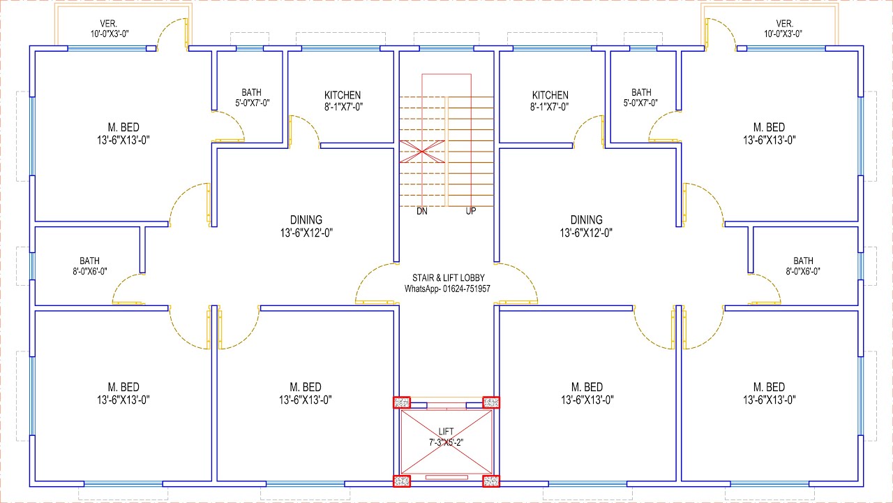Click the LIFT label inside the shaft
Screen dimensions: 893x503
click(x=446, y=432)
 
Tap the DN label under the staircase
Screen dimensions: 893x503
click(x=422, y=211)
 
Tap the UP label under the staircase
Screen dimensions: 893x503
click(x=471, y=211)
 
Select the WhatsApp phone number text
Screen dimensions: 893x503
click(x=447, y=289)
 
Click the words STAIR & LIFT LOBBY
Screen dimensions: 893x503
click(x=449, y=278)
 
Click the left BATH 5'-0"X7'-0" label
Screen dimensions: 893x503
click(x=252, y=98)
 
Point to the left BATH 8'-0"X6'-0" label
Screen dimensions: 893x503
click(x=90, y=266)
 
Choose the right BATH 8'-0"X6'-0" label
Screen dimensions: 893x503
click(x=803, y=266)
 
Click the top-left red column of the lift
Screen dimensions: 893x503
click(x=402, y=402)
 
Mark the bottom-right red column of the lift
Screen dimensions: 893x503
click(x=491, y=481)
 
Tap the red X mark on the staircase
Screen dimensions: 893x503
click(x=422, y=152)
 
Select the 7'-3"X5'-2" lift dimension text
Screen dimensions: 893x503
click(x=446, y=443)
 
